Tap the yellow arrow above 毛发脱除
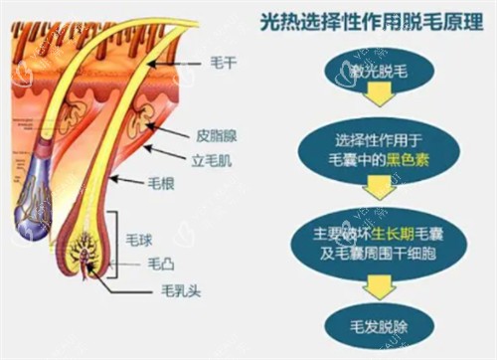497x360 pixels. click(377, 288)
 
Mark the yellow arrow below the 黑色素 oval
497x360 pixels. click(377, 185)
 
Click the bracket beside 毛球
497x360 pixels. click(119, 240)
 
